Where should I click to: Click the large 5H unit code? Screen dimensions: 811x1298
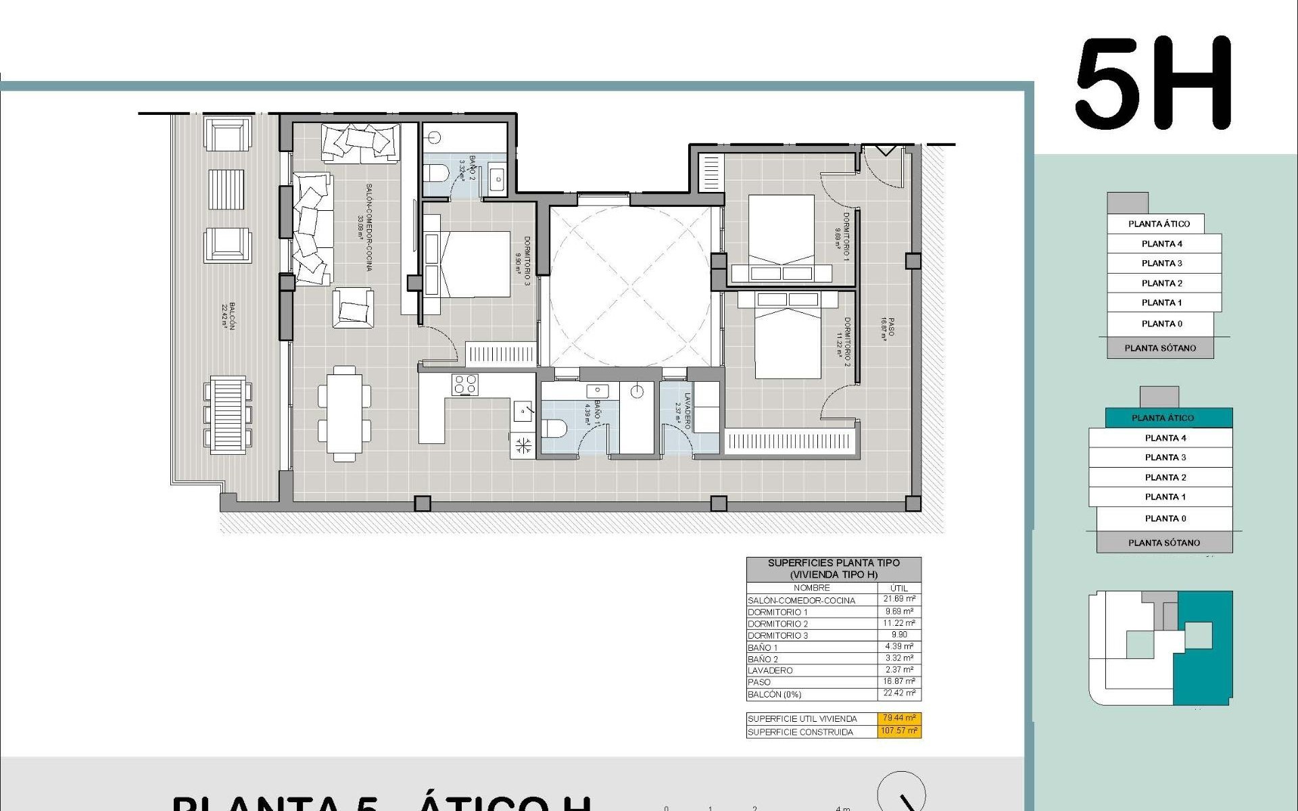point(1153,84)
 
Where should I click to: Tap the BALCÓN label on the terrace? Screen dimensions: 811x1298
point(228,315)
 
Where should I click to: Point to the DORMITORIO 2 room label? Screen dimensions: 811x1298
point(844,342)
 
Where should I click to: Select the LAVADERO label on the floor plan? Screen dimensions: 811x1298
point(685,411)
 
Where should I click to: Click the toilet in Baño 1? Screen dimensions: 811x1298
point(554,428)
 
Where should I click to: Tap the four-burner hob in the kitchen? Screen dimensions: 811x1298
point(465,385)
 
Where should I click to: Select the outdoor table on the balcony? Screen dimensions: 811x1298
point(227,413)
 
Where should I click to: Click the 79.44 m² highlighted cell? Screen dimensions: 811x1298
point(899,718)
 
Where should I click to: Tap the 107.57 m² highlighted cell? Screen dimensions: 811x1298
point(899,731)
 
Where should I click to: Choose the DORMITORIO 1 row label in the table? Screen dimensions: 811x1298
point(777,612)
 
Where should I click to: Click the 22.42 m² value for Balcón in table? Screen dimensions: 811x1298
point(899,693)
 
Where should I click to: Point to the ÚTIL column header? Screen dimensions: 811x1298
point(899,588)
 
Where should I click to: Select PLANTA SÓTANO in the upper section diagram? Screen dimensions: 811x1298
point(1160,348)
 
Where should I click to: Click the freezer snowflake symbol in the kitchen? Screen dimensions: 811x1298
point(523,445)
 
